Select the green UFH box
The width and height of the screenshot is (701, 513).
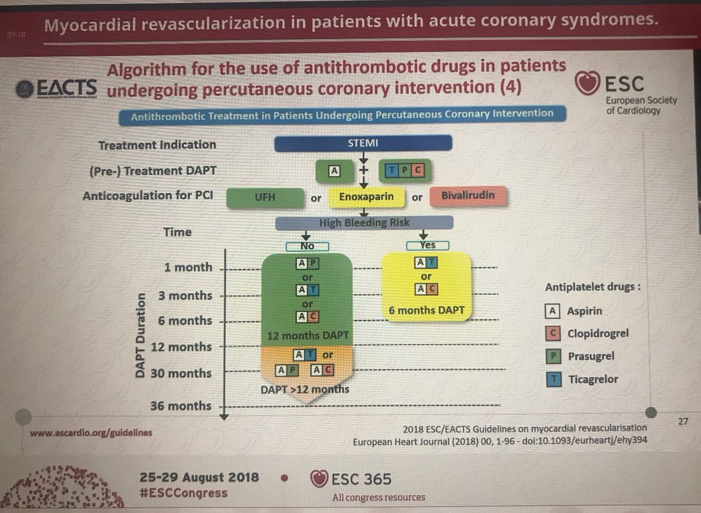point(266,197)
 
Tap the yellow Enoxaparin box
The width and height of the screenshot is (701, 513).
point(366,197)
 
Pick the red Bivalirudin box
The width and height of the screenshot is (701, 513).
point(467,196)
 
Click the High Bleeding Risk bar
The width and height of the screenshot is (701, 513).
point(364,223)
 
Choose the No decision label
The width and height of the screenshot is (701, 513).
point(307,246)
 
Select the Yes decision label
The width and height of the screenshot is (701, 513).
point(428,245)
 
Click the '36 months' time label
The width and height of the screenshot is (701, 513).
point(181,405)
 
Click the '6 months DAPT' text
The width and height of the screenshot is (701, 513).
point(426,310)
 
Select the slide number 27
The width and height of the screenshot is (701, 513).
point(683,421)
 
